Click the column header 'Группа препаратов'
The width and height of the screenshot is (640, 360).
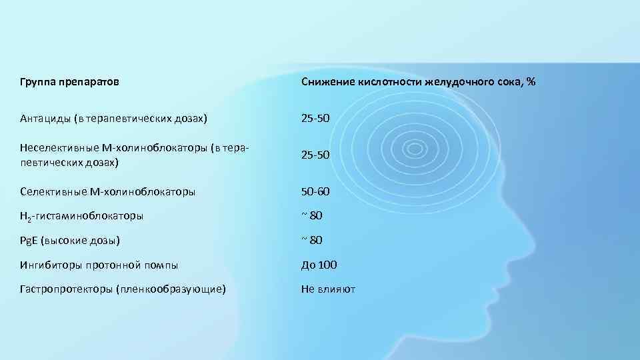click(71, 82)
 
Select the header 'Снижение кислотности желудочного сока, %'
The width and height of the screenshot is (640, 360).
click(418, 82)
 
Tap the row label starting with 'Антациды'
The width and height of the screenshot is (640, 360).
click(114, 118)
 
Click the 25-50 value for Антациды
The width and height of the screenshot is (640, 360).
click(315, 118)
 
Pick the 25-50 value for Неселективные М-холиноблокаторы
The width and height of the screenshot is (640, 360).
click(315, 155)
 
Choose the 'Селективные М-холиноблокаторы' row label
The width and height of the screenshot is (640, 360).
click(108, 192)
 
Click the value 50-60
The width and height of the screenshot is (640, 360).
click(315, 192)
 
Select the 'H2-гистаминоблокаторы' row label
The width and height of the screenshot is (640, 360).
click(82, 216)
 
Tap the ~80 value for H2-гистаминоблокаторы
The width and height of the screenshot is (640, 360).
click(312, 215)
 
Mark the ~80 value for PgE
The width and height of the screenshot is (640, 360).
click(312, 240)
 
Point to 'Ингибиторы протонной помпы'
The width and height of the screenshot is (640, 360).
click(99, 265)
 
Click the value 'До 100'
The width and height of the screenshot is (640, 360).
click(319, 265)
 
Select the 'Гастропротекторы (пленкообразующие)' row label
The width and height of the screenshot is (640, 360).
click(123, 289)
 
